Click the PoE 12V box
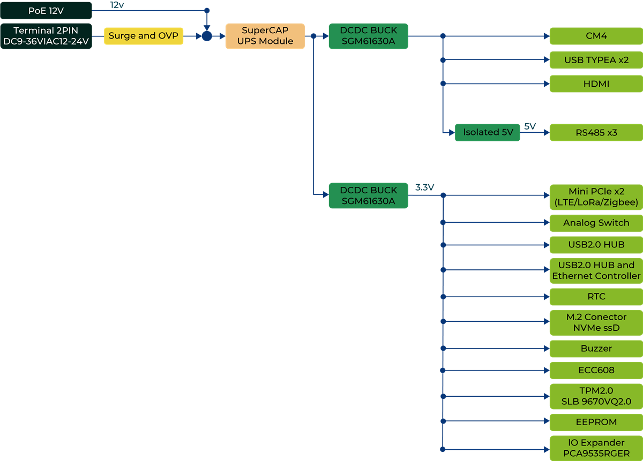[46, 11]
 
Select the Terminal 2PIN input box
[46, 36]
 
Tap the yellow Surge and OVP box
[144, 36]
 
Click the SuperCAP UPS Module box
[265, 36]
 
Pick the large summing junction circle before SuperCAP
[207, 36]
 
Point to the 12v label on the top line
[117, 5]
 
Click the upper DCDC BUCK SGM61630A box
[368, 36]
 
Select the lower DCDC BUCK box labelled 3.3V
[368, 195]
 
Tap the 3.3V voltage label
[424, 187]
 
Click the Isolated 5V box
[488, 132]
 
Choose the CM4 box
[596, 36]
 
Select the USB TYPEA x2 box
[596, 60]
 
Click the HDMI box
[596, 84]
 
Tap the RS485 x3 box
[596, 132]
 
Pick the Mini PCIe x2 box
[596, 197]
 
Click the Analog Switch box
[596, 223]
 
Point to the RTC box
[596, 297]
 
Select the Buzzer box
[596, 349]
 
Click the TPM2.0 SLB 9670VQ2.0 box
[596, 396]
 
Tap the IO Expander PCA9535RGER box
[596, 448]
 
